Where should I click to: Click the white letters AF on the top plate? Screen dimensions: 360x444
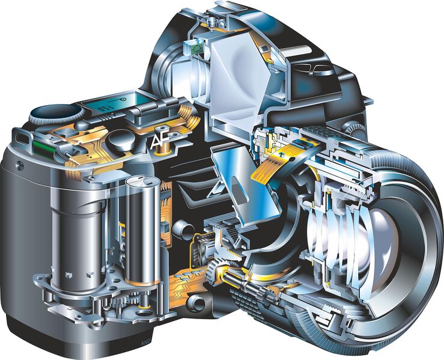[160, 140]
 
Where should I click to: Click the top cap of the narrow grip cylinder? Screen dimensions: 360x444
[139, 180]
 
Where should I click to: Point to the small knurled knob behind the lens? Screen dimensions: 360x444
[358, 127]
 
